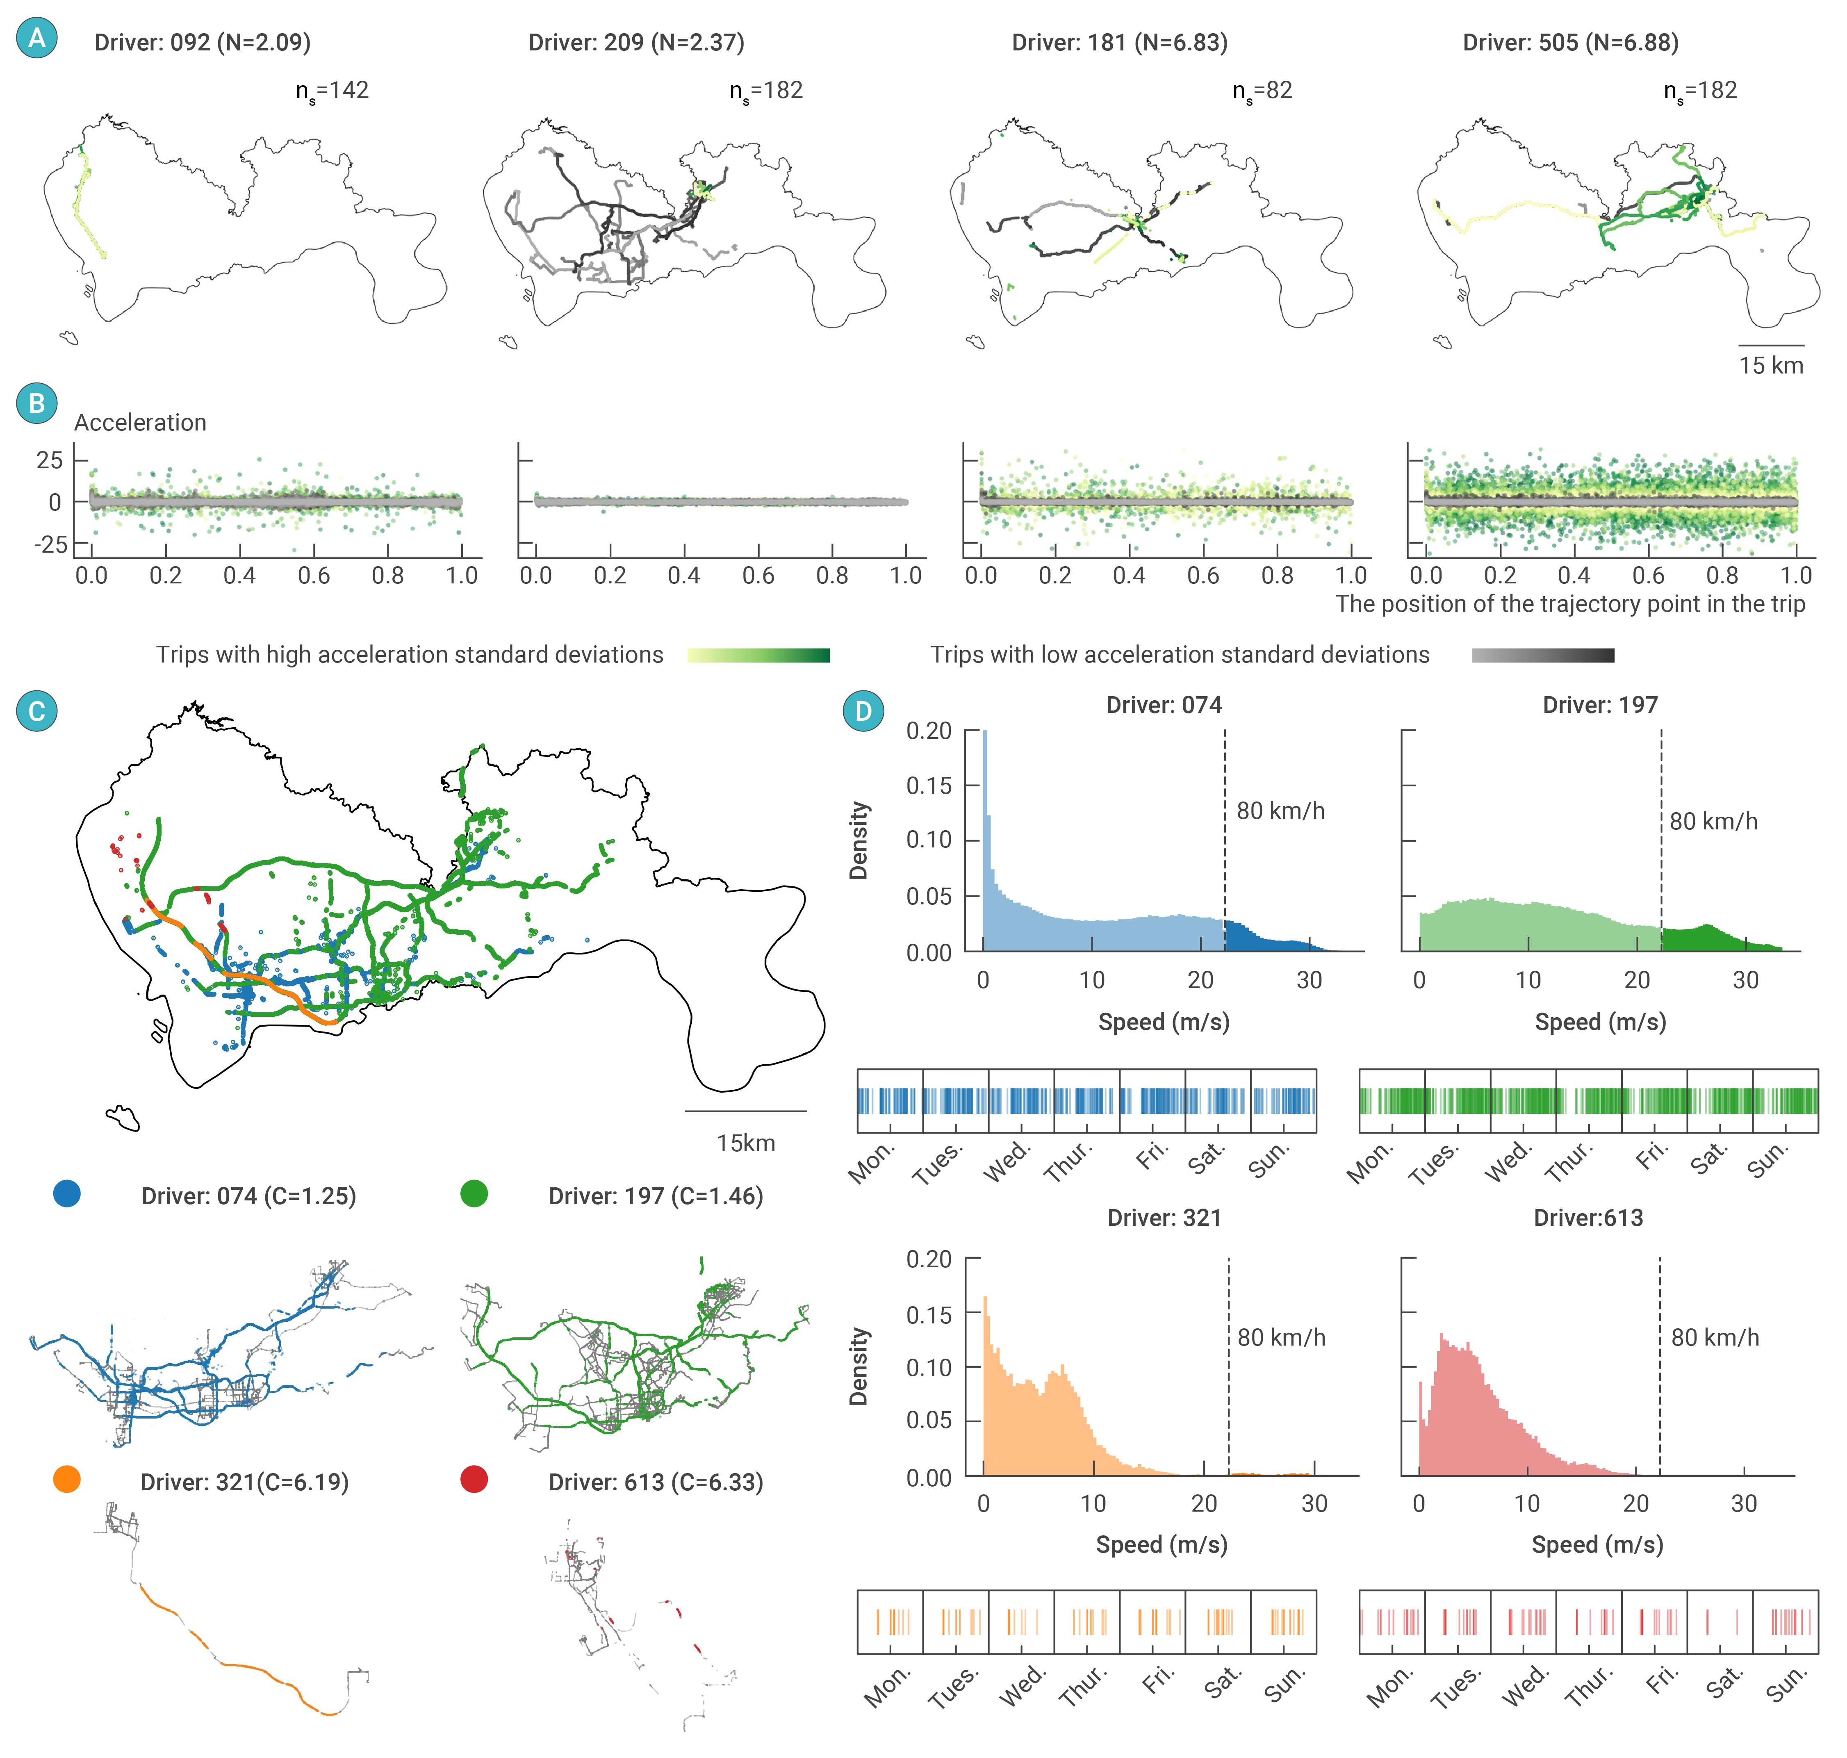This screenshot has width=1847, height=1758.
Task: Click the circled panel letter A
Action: [36, 39]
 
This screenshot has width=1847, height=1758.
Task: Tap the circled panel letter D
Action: [863, 711]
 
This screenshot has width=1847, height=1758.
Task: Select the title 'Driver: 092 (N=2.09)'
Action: [203, 42]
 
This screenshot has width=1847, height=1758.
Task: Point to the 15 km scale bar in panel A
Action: [1770, 346]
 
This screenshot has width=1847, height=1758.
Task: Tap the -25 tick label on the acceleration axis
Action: [50, 544]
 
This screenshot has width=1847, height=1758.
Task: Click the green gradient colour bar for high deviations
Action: [758, 655]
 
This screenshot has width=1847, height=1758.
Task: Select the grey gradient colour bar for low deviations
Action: [1542, 655]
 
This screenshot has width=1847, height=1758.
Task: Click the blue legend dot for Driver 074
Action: [66, 1194]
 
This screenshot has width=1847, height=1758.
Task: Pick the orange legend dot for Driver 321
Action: [66, 1480]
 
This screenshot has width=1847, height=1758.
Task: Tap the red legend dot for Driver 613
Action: [474, 1480]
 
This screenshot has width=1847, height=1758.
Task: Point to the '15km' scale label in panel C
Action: [746, 1143]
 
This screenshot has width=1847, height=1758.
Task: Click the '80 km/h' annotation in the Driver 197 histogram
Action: [1713, 822]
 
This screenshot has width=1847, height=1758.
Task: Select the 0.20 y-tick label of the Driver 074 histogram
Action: [929, 731]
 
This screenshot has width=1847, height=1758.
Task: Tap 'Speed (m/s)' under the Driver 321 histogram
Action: [1161, 1544]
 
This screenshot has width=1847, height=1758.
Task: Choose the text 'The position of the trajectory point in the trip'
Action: [1569, 603]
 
